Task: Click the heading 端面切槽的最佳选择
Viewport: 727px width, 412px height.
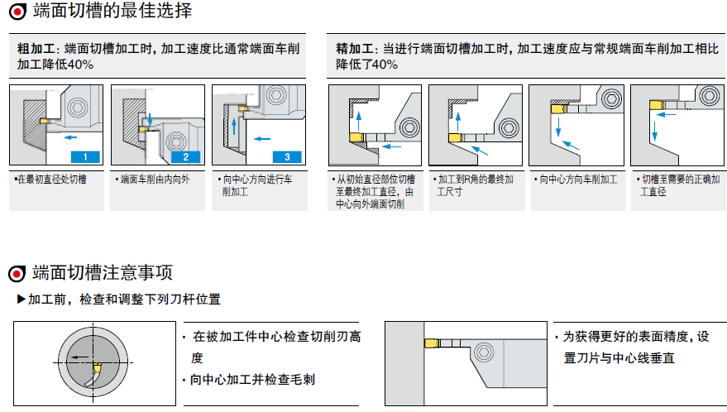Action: pos(112,12)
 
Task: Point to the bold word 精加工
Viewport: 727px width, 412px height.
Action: pos(352,49)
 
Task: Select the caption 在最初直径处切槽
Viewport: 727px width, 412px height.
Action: pos(50,179)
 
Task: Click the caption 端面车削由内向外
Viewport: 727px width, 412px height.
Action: pos(154,179)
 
